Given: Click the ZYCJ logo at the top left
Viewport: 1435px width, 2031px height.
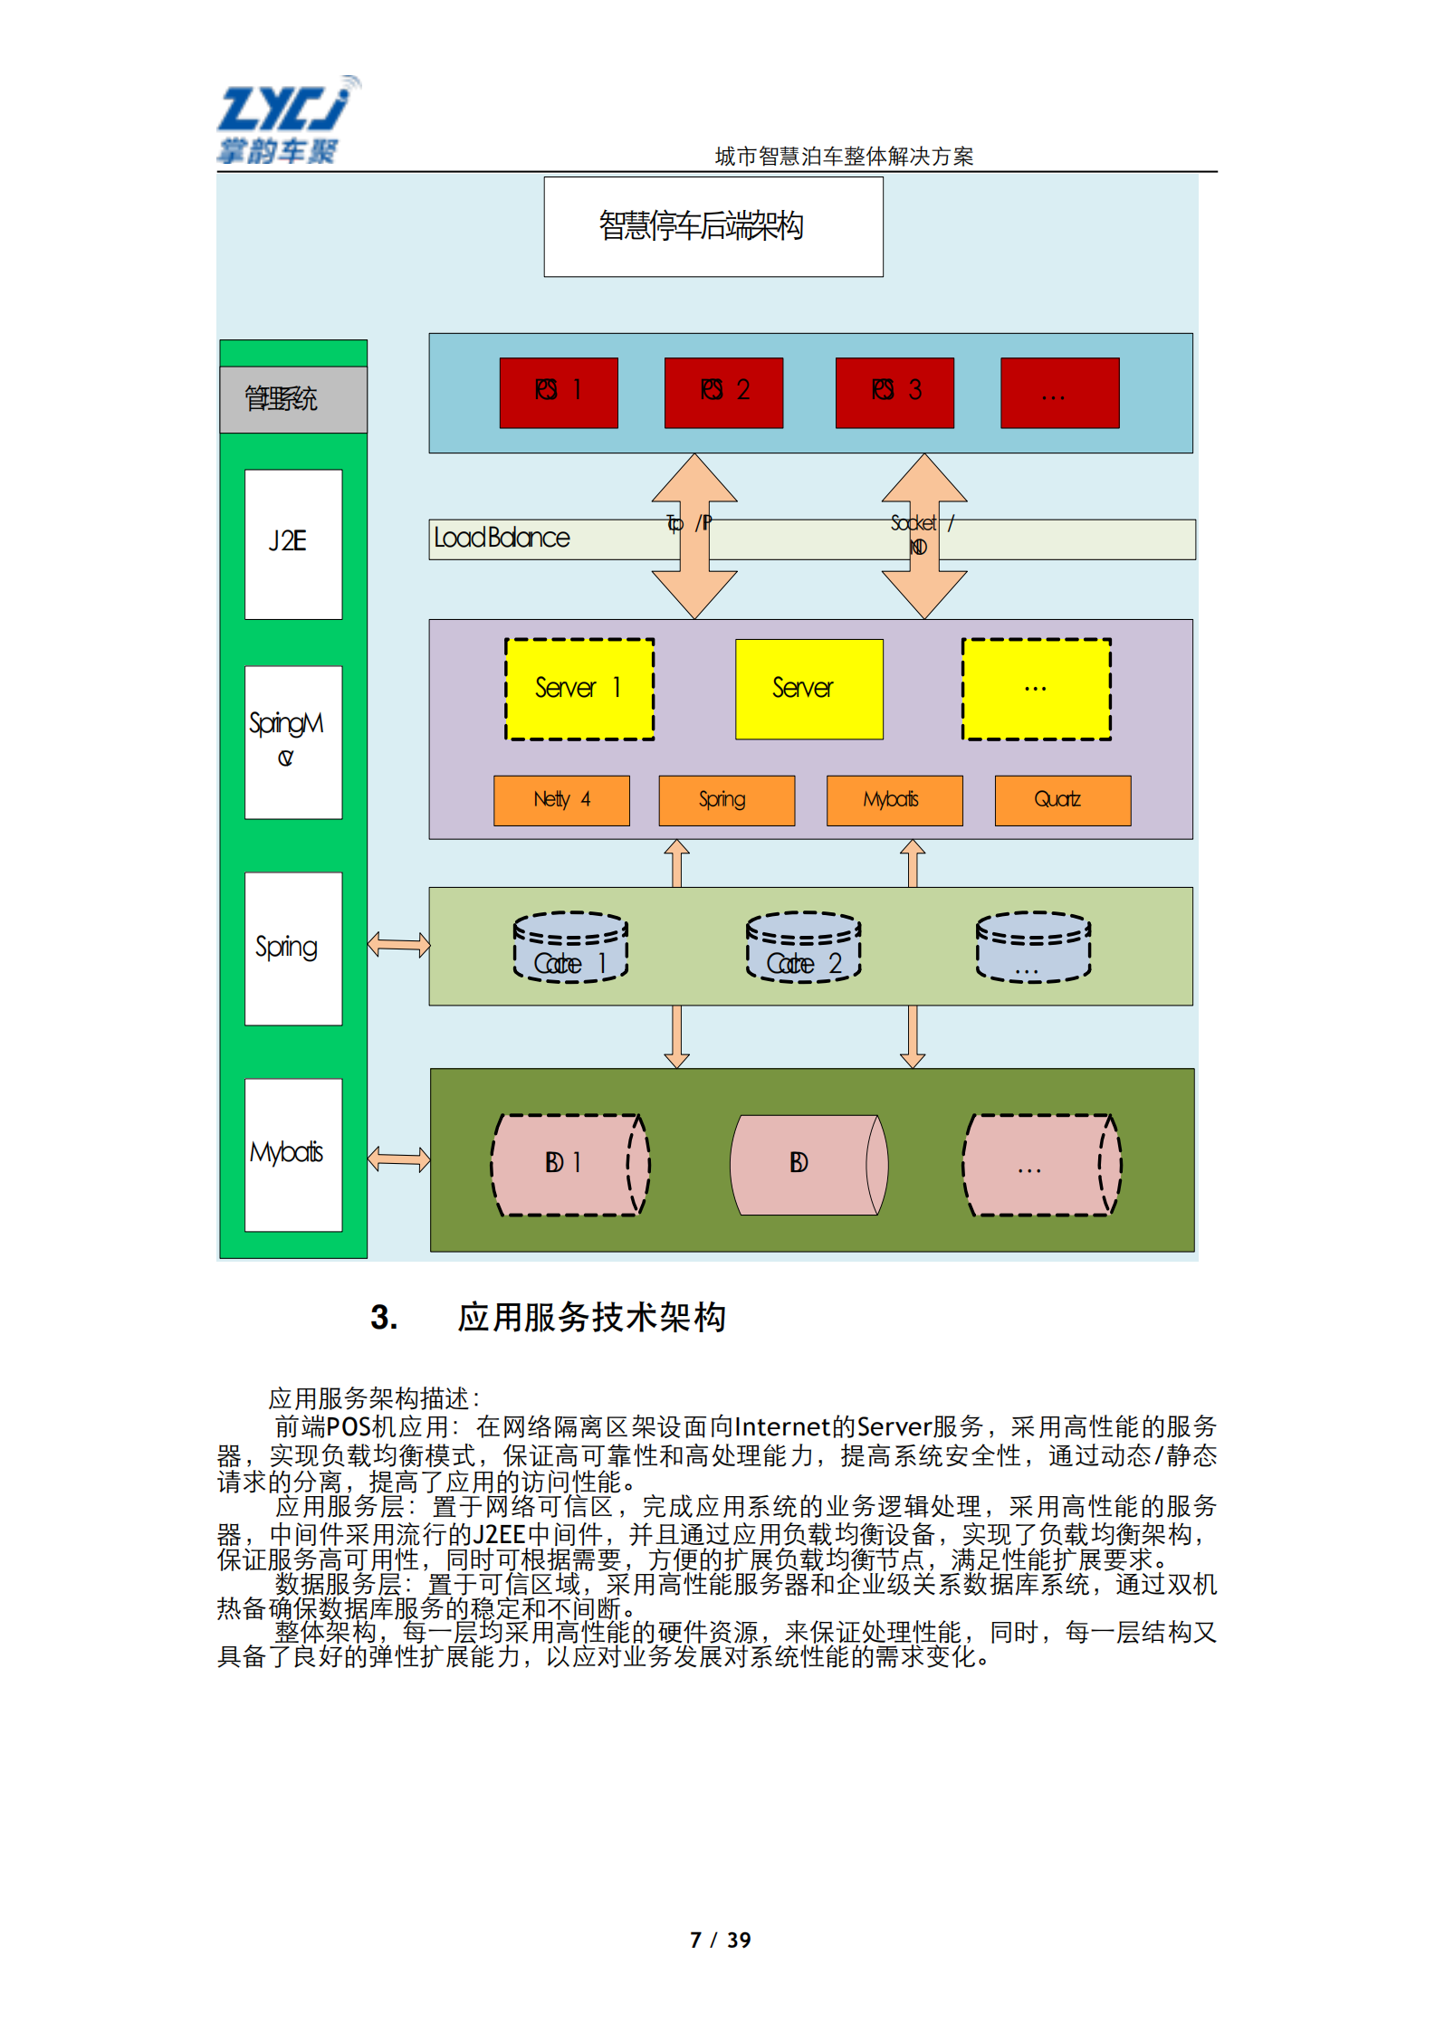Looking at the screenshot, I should click(285, 119).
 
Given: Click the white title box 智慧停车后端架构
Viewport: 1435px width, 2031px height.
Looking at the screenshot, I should click(713, 226).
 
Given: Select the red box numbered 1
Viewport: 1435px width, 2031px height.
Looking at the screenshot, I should click(559, 392).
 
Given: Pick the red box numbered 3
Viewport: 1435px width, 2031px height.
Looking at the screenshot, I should click(894, 392).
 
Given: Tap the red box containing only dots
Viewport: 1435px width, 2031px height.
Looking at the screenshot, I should click(1059, 392).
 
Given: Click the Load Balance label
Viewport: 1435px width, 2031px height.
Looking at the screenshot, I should click(502, 539).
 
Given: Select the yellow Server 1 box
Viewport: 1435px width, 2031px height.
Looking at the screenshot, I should click(579, 689).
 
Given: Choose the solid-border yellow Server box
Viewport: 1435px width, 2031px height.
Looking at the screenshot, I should click(808, 689).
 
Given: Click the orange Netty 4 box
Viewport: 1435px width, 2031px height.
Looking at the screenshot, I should click(561, 800).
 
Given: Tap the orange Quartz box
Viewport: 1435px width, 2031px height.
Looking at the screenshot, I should click(1062, 800).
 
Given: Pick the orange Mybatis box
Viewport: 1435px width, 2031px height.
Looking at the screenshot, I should click(894, 800).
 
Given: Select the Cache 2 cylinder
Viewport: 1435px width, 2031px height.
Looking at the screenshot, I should click(803, 947).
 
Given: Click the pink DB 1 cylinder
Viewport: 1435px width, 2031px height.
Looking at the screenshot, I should click(570, 1164).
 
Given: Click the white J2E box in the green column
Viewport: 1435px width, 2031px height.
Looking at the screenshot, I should click(293, 544).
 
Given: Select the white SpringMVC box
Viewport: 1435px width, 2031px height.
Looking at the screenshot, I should click(293, 742).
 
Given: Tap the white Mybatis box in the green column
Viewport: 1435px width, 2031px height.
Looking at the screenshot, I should click(293, 1154).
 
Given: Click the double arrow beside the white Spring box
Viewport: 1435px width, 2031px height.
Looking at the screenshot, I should click(398, 945).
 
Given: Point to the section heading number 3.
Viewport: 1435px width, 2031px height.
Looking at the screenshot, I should click(384, 1317).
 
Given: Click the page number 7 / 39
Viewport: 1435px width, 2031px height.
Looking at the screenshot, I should click(720, 1940).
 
